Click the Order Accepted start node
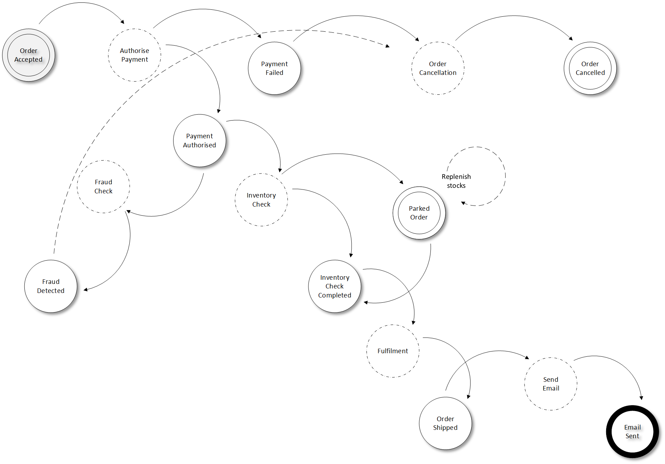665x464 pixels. tap(29, 55)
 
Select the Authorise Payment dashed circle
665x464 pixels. tap(135, 55)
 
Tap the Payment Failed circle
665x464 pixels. tap(274, 68)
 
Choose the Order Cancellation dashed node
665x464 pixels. tap(438, 68)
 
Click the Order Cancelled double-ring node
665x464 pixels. tap(590, 68)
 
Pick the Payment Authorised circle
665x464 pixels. tap(199, 140)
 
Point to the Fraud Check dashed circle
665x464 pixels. tap(104, 186)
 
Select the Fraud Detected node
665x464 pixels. tap(51, 286)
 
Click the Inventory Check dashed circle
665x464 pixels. tap(261, 200)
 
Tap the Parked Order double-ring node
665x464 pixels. tap(419, 213)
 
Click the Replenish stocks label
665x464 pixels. tap(456, 181)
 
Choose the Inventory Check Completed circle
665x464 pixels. tap(335, 286)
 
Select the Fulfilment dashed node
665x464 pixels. tap(393, 351)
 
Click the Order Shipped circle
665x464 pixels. tap(445, 423)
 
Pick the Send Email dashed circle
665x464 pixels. tap(551, 384)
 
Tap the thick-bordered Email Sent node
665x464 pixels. tap(632, 432)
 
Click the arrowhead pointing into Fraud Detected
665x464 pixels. tap(85, 289)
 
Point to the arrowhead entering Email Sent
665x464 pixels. tap(641, 398)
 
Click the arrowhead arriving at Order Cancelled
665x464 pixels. tap(571, 39)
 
